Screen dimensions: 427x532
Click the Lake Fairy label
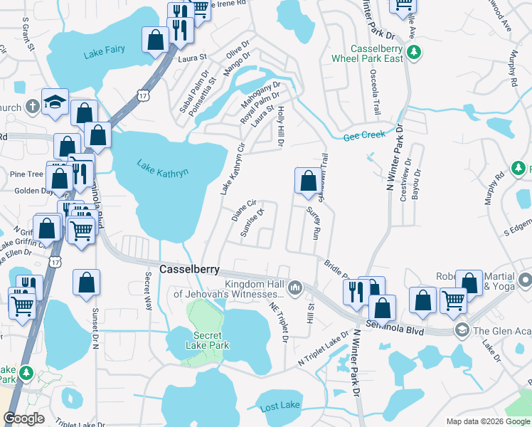coord(103,50)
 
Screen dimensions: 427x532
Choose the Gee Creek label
coord(364,135)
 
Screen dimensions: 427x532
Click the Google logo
coord(24,418)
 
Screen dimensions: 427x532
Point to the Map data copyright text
coord(486,421)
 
